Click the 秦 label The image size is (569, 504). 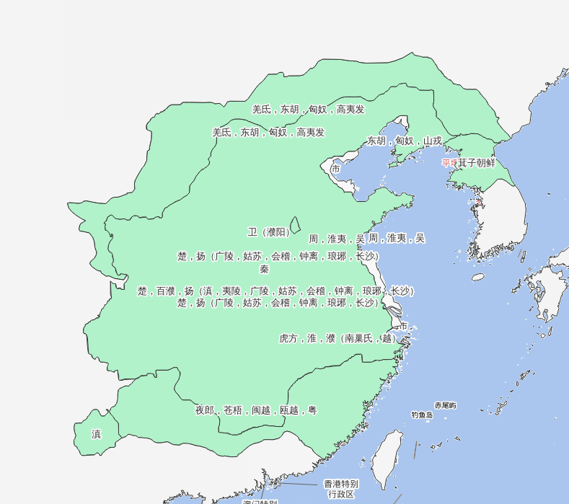coord(265,269)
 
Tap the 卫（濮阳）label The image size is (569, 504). coord(269,232)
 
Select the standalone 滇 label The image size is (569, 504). coord(96,434)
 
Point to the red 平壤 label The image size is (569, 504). coord(449,163)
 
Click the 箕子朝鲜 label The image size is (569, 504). coord(477,163)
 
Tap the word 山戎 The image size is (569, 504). coord(432,141)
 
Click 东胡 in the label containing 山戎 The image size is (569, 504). coord(376,141)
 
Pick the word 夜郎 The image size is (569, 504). coord(205,410)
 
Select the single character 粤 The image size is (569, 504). coord(312,410)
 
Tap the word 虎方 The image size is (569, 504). coord(288,338)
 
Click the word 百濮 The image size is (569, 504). coord(166,291)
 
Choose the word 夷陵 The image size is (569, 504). coord(231,291)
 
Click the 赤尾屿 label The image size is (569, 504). coord(445,406)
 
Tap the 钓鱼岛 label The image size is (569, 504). coord(422,415)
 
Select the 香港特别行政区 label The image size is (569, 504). coord(340,489)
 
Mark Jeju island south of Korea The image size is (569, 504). coord(478,277)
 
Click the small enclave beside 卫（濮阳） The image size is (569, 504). coord(295,226)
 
